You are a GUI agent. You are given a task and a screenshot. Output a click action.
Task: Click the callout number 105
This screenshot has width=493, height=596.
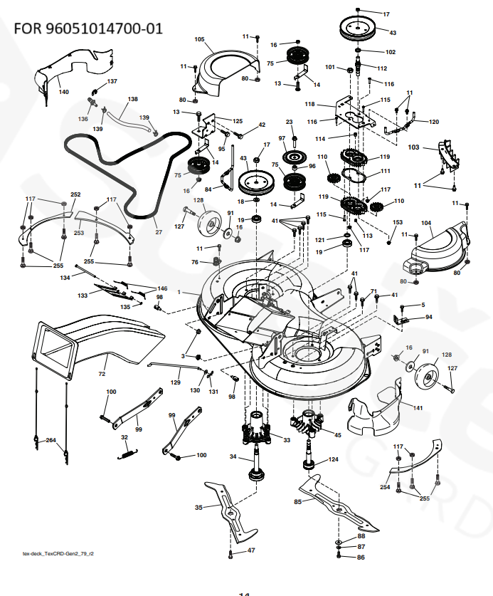(x=199, y=39)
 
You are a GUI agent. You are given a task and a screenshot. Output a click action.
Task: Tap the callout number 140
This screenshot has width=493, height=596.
(x=63, y=92)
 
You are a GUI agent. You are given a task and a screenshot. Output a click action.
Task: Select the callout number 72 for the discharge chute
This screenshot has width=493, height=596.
(x=102, y=374)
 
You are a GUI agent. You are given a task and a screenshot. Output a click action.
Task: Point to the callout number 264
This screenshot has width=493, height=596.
(x=51, y=441)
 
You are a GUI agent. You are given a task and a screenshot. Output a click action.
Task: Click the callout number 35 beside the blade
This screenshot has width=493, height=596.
(x=199, y=507)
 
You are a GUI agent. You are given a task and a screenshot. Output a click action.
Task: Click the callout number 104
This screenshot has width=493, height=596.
(x=426, y=223)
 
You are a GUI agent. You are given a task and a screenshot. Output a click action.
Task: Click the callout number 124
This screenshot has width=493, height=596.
(x=333, y=459)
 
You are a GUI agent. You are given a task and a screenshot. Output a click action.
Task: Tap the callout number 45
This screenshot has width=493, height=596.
(x=337, y=435)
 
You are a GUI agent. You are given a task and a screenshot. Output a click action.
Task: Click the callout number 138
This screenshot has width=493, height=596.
(x=133, y=99)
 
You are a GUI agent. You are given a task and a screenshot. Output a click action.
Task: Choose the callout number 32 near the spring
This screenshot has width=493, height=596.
(x=124, y=437)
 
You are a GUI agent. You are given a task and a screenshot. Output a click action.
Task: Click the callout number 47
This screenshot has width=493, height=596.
(x=251, y=550)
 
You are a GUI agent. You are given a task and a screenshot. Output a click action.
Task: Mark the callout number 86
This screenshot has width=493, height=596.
(x=361, y=557)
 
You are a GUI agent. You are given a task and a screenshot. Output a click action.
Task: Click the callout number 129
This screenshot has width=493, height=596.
(x=175, y=382)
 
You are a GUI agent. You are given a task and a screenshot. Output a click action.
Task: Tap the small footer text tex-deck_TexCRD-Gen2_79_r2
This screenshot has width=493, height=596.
(x=58, y=552)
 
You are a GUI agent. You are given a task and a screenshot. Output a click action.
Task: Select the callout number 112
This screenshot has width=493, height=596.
(x=382, y=68)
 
